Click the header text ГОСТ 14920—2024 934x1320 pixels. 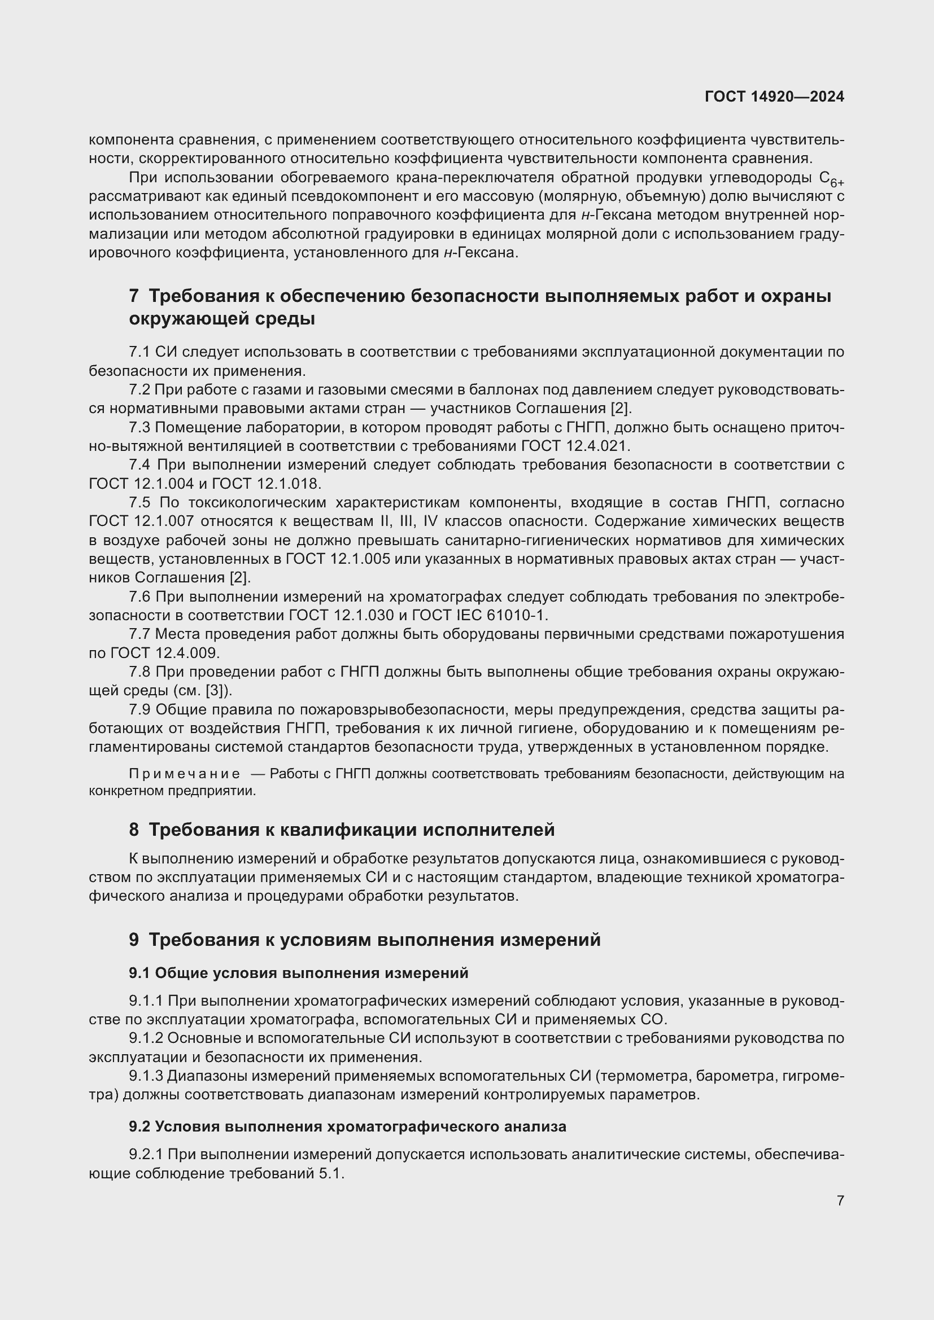tap(774, 97)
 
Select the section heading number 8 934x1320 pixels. tap(133, 830)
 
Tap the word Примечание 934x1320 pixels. tap(185, 774)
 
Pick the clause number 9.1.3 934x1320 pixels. tap(146, 1076)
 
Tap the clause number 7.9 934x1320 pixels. tap(139, 710)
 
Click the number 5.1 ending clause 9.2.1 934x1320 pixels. tap(330, 1174)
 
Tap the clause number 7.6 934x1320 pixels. tap(139, 597)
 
